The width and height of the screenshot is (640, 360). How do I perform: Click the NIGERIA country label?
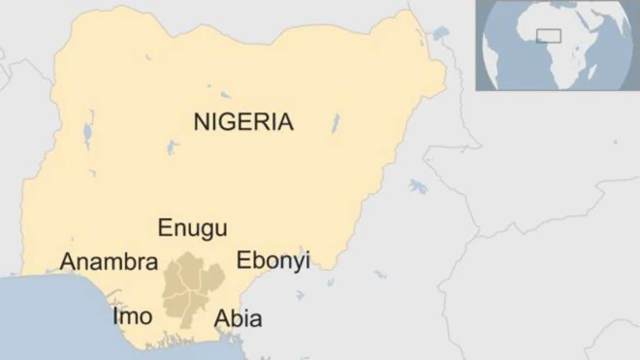click(243, 121)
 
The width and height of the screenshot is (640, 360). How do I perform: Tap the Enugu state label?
click(193, 229)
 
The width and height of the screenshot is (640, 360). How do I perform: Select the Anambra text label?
click(109, 262)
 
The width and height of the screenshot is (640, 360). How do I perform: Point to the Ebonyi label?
click(272, 261)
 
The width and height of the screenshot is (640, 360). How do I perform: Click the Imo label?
click(132, 316)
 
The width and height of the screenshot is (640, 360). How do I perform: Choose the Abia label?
click(238, 318)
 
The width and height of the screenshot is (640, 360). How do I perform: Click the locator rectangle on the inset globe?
click(549, 36)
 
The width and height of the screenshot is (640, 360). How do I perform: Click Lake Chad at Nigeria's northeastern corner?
click(442, 36)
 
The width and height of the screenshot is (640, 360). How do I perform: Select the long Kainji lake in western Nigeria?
click(88, 129)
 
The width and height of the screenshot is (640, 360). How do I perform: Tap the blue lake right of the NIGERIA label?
click(336, 123)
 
